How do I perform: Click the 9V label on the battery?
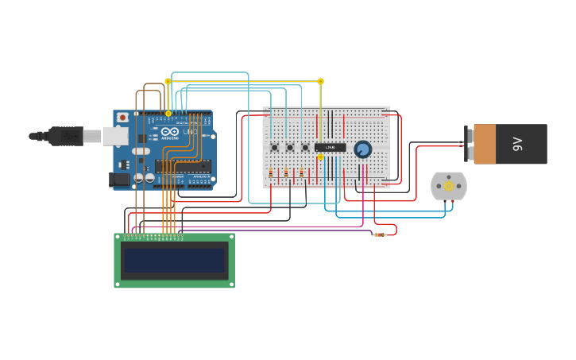tap(518, 144)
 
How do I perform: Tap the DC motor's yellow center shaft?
tap(448, 186)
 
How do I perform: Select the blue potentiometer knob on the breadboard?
tap(362, 149)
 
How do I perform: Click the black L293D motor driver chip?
tap(330, 147)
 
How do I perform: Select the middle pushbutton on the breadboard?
tap(290, 147)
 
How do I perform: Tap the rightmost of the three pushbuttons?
tap(305, 147)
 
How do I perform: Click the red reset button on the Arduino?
tap(122, 118)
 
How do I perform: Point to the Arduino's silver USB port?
tap(114, 136)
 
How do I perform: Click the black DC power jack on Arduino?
tap(119, 179)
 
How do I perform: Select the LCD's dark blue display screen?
tap(174, 260)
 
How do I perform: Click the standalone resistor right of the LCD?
tap(380, 234)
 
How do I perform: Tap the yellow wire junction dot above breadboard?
tap(321, 81)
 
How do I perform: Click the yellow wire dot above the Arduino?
tap(168, 81)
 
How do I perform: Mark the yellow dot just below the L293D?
tap(321, 157)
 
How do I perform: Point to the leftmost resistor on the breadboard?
tap(271, 172)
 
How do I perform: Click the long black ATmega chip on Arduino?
tap(183, 166)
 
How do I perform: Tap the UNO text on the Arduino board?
tap(191, 132)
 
